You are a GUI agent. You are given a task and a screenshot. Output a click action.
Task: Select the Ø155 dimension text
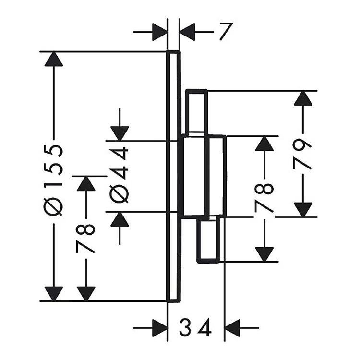53,180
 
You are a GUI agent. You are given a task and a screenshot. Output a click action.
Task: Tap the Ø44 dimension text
119,175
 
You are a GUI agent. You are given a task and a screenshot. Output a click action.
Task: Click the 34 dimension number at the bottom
195,328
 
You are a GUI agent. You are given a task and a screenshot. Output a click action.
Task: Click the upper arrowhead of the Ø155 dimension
54,59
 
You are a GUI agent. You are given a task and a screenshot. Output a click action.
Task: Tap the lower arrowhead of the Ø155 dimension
54,294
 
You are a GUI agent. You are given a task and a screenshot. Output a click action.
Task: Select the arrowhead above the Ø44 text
120,133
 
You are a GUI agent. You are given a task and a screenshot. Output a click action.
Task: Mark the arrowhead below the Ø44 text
120,219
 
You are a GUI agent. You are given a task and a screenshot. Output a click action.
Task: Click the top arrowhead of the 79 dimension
303,98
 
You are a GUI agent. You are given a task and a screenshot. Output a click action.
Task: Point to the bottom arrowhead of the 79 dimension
303,209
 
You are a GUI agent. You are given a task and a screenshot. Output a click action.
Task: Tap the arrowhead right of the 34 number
232,328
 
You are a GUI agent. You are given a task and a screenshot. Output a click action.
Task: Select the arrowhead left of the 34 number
160,328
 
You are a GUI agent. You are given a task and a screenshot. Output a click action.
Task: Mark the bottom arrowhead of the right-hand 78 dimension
264,254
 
